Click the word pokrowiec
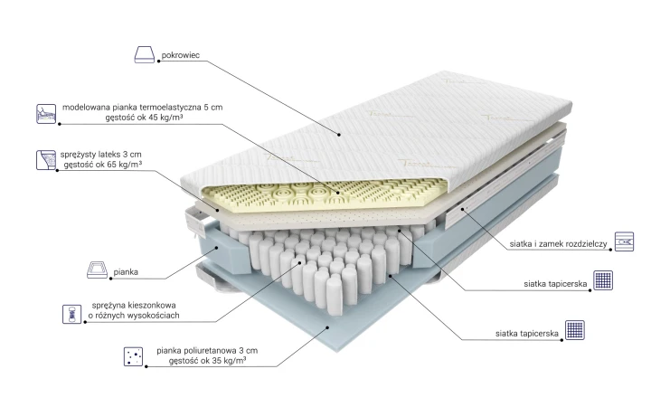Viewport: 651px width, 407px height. coord(181,55)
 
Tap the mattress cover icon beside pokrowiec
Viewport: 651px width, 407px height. coord(145,55)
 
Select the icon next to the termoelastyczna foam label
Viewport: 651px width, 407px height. coord(46,114)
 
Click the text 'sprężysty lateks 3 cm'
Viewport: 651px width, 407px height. coord(101,155)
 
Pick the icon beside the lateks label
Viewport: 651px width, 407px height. coord(46,160)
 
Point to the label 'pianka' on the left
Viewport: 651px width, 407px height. coord(126,272)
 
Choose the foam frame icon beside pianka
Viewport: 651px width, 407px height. coord(97,270)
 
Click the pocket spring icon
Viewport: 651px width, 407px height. coord(71,314)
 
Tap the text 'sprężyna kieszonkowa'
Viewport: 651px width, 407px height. coord(134,306)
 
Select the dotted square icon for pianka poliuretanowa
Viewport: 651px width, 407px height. coord(133,356)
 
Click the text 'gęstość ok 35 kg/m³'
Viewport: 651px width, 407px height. coord(207,361)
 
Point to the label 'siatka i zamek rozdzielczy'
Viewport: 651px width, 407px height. coord(559,244)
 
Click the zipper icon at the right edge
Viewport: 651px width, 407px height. coord(625,241)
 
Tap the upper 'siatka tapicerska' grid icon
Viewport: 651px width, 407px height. coord(603,280)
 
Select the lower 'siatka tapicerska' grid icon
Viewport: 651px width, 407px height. coord(575,330)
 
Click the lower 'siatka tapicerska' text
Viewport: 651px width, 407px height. coord(527,334)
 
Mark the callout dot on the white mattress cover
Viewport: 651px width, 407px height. coord(339,135)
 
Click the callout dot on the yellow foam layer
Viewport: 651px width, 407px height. coord(337,193)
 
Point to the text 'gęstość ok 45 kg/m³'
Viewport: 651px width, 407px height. coord(144,118)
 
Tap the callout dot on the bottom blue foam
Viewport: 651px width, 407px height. coord(327,327)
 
